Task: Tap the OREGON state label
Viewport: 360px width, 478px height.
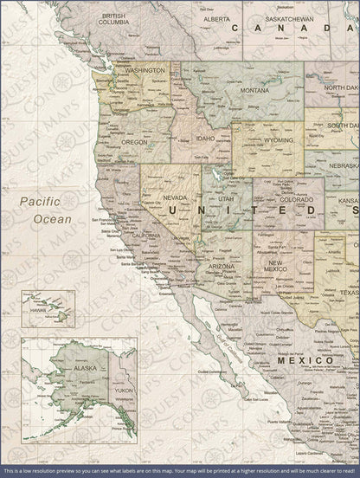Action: point(135,141)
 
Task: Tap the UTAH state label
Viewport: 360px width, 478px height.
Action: point(226,199)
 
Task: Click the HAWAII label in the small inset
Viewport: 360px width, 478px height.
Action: point(38,308)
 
